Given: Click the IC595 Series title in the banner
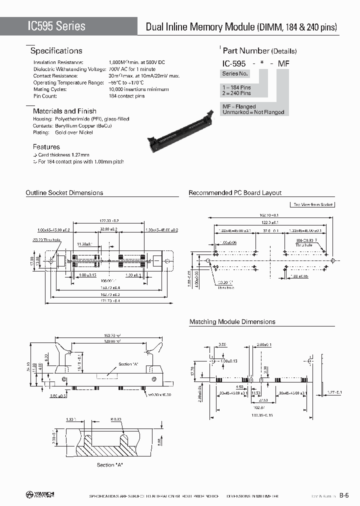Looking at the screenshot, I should [x=50, y=26].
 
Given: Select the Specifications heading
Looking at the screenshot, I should [x=56, y=51].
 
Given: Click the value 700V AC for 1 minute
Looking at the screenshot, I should [x=132, y=69].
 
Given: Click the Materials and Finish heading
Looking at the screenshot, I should [x=64, y=111].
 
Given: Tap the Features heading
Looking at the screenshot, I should [x=46, y=147].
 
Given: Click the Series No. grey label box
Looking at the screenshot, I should [x=235, y=74].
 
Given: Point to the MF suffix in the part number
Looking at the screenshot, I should [x=283, y=63].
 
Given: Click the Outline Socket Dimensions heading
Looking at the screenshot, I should [x=64, y=193].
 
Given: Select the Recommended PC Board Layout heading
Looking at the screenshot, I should [x=235, y=193].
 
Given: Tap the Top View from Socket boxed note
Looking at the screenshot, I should [x=312, y=204].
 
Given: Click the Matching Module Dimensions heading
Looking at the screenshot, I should [x=232, y=322].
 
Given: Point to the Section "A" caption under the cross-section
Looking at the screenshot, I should [x=110, y=465].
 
